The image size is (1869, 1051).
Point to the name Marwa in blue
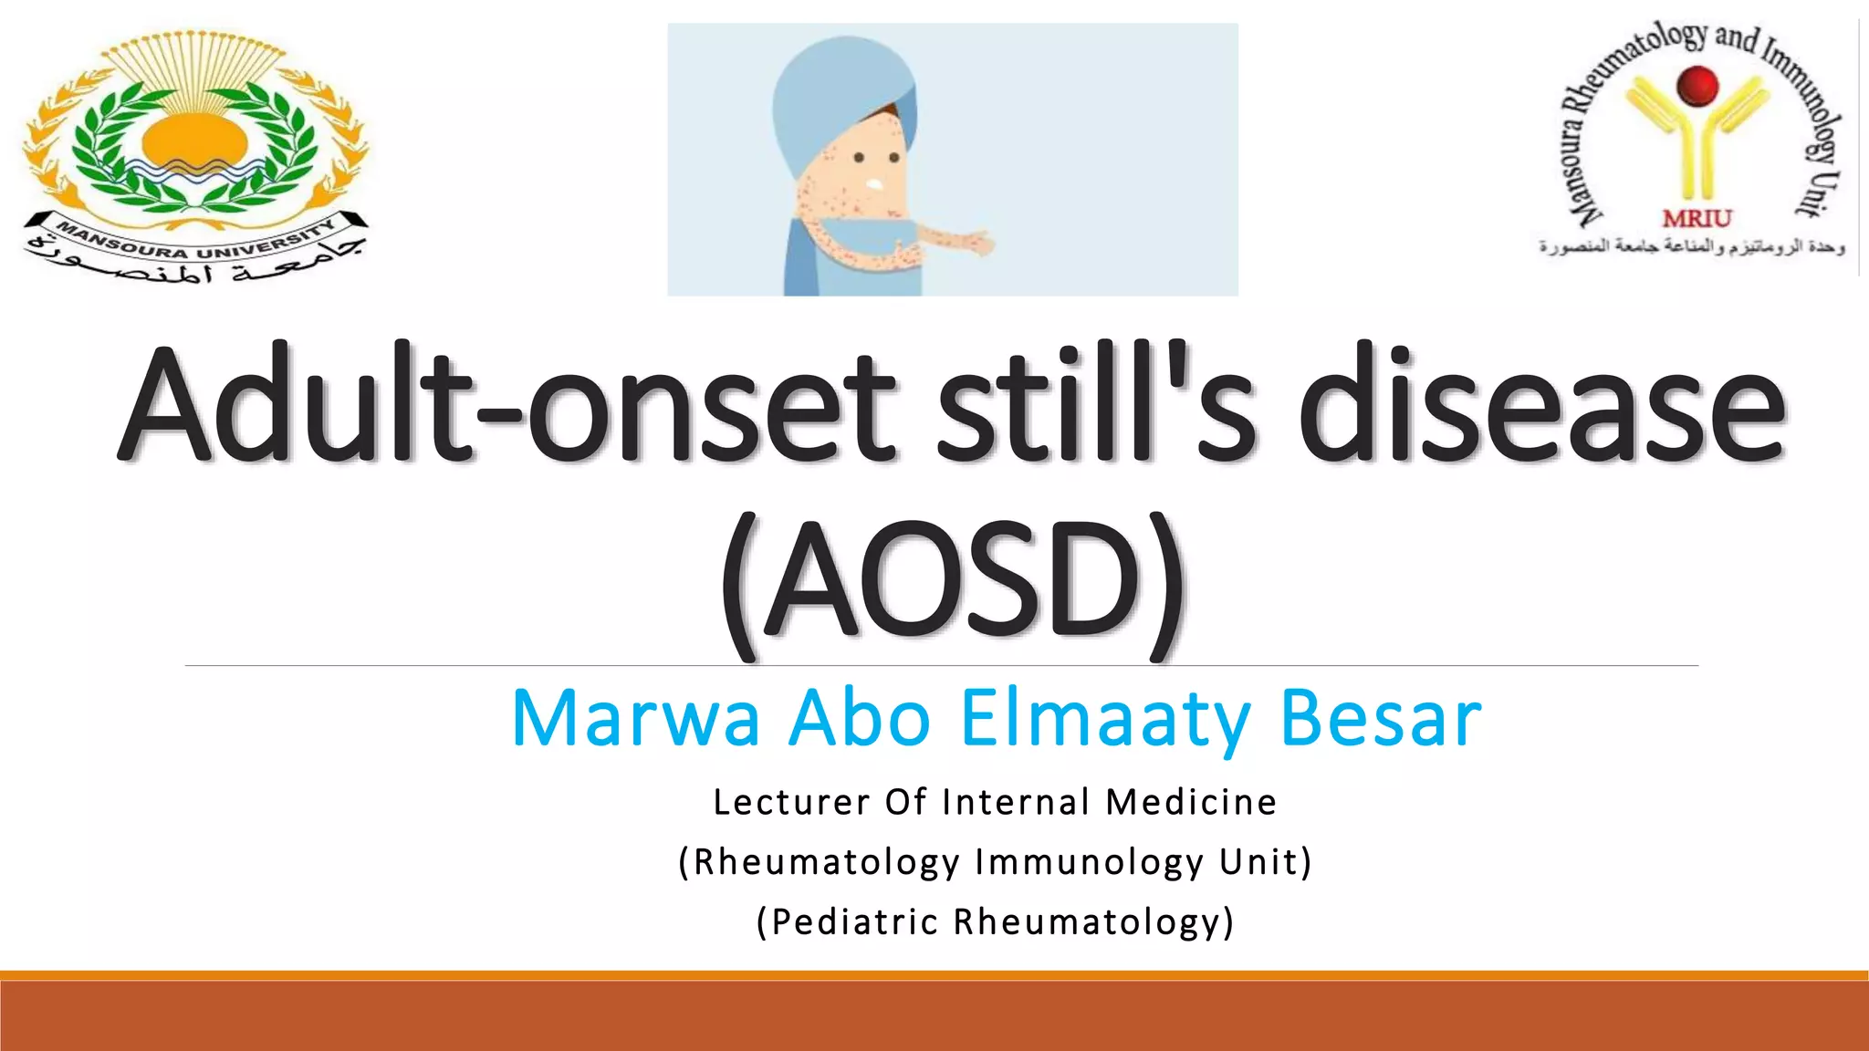pos(635,719)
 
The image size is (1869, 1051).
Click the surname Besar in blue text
pos(1381,719)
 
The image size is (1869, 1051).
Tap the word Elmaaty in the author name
pos(1105,719)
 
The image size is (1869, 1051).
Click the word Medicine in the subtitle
pos(1191,803)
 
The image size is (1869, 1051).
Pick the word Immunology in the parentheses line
pos(1090,862)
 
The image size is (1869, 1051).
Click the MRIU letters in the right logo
pos(1697,219)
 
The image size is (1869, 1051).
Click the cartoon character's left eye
pos(859,158)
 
